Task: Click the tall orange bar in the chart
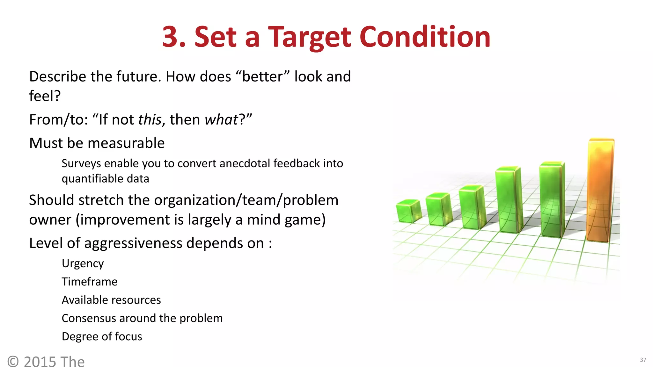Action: coord(600,191)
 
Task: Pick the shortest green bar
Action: coord(408,211)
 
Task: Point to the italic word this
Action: coord(150,120)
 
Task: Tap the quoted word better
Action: coord(262,77)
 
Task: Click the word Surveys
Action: coord(81,164)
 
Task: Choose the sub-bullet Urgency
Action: coord(83,264)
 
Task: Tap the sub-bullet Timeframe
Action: coord(90,282)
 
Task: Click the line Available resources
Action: coord(111,300)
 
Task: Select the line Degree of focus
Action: coord(102,337)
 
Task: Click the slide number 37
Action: coord(643,360)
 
